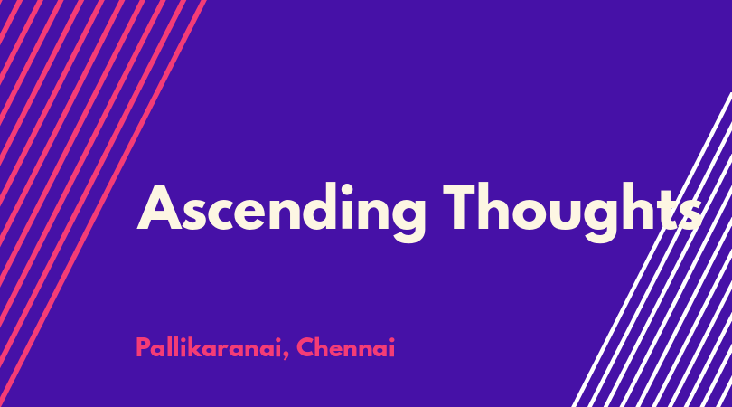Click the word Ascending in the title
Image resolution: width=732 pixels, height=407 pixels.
coord(281,213)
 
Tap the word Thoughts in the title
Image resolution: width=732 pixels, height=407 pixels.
coord(572,213)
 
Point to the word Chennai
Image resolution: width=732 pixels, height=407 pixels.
coord(346,347)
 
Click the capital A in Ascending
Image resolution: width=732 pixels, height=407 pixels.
coord(159,207)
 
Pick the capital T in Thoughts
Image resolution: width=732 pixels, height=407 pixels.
coord(465,206)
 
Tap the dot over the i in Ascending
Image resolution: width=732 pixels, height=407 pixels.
coord(347,189)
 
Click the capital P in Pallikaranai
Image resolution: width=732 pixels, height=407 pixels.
coord(143,347)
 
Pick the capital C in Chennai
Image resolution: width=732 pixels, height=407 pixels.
coord(306,347)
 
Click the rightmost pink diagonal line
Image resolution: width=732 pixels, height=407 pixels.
coord(102,203)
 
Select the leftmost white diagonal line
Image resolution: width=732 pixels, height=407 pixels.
coord(652,250)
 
